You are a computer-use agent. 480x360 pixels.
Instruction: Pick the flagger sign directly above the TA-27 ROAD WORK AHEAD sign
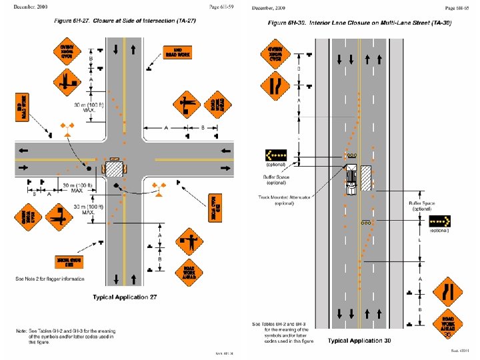(188, 241)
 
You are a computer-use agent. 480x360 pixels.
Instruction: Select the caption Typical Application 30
(359, 341)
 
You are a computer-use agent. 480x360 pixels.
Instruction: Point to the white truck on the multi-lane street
(351, 179)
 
